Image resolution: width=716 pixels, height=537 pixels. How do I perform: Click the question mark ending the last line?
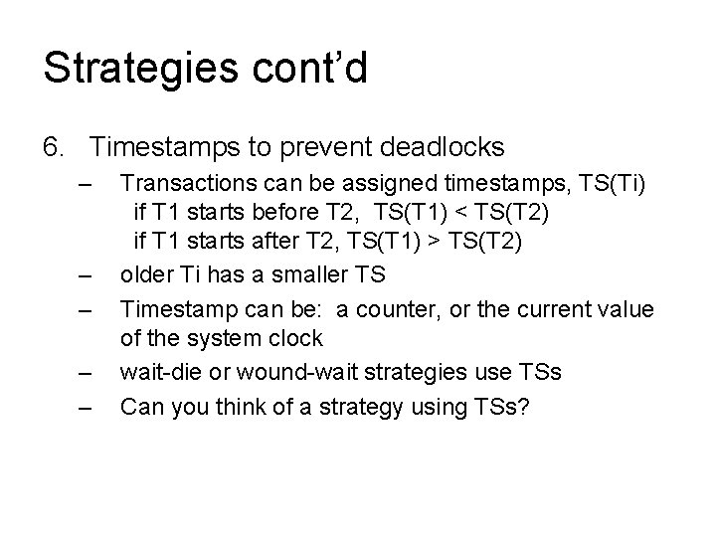526,406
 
